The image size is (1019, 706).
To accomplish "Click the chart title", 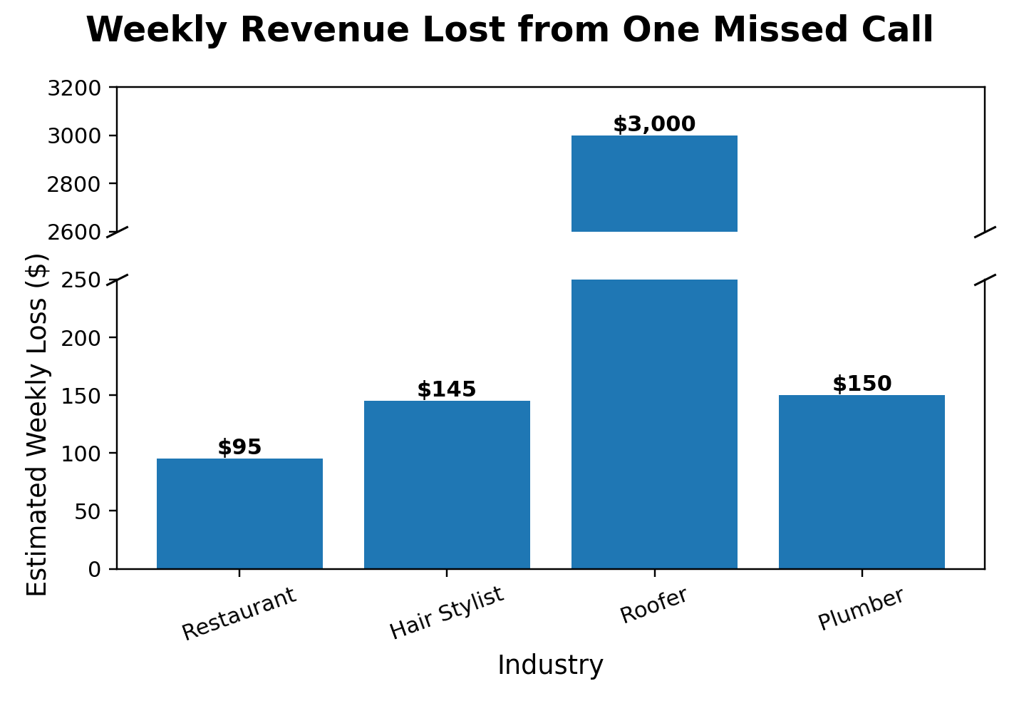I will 509,31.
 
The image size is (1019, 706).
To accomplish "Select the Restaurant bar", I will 239,513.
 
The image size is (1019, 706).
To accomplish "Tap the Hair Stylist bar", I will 447,485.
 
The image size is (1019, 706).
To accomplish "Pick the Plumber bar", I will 862,482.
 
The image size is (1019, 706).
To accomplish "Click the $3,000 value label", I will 654,125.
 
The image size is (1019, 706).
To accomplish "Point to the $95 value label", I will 239,448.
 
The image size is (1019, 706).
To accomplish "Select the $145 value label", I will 447,390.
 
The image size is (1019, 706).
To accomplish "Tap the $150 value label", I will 862,384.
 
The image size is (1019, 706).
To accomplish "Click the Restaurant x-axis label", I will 239,614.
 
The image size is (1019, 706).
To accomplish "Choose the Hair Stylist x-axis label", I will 447,613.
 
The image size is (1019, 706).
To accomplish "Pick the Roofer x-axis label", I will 654,606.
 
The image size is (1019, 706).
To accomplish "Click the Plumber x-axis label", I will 861,609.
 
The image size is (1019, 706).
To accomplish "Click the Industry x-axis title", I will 550,665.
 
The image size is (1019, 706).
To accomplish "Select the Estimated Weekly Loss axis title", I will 37,424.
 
